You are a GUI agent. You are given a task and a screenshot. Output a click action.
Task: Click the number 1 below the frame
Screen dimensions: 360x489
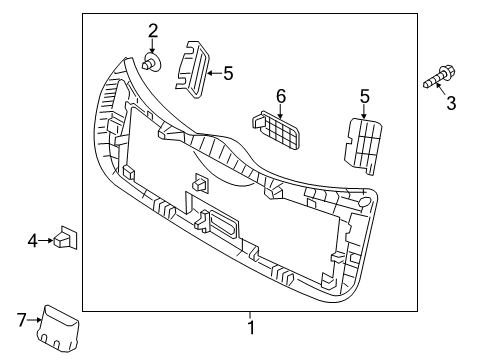point(252,328)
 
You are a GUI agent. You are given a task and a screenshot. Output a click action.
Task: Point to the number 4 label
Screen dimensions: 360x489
point(32,241)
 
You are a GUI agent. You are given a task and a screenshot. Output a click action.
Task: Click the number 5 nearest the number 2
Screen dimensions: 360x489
point(228,73)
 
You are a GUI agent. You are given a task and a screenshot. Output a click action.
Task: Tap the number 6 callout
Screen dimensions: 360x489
point(281,96)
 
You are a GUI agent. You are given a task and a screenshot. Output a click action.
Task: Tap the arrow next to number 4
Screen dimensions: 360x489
point(47,241)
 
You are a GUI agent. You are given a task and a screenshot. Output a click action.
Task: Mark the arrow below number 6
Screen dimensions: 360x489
point(280,110)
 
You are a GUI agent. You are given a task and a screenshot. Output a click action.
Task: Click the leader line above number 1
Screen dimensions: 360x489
point(252,316)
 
